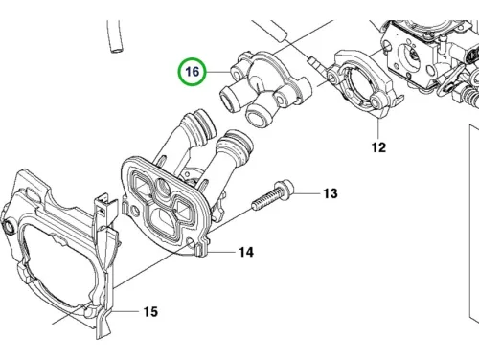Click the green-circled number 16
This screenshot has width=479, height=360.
(193, 72)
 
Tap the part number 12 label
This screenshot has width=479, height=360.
(378, 147)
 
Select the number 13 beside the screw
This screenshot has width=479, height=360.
(331, 193)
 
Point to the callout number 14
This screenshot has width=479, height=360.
(246, 252)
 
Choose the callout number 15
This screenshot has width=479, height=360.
(150, 311)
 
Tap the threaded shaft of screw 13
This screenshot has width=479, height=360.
(265, 199)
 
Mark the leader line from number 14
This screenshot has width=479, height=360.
(221, 252)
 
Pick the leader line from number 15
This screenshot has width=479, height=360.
(125, 311)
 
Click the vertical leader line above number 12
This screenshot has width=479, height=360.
(378, 128)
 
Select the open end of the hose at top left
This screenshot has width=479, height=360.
(115, 50)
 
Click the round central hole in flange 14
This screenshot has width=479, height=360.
(163, 186)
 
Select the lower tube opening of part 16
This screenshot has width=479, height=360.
(256, 118)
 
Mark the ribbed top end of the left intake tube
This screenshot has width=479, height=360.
(203, 124)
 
